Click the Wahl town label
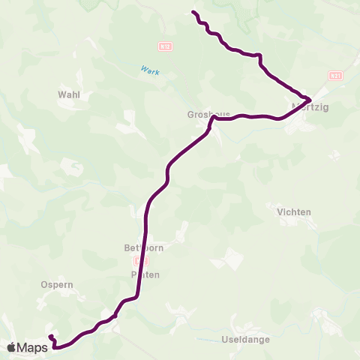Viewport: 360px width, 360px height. pyautogui.click(x=68, y=95)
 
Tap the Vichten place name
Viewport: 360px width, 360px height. pyautogui.click(x=294, y=212)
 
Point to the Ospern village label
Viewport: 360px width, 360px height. pyautogui.click(x=55, y=286)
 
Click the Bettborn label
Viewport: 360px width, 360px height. pyautogui.click(x=143, y=247)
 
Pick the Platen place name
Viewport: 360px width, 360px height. pyautogui.click(x=146, y=274)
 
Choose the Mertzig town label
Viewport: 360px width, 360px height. pyautogui.click(x=314, y=107)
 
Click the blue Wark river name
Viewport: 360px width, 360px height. pyautogui.click(x=149, y=70)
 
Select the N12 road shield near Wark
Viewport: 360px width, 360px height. pyautogui.click(x=166, y=46)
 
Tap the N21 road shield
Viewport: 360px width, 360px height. pyautogui.click(x=335, y=76)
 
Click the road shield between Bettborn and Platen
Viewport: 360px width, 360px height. pyautogui.click(x=136, y=261)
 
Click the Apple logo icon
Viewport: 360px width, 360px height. pyautogui.click(x=13, y=347)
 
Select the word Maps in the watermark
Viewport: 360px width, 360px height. pyautogui.click(x=33, y=347)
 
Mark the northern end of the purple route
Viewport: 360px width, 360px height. pyautogui.click(x=193, y=12)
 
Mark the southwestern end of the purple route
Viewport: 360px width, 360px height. pyautogui.click(x=50, y=337)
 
